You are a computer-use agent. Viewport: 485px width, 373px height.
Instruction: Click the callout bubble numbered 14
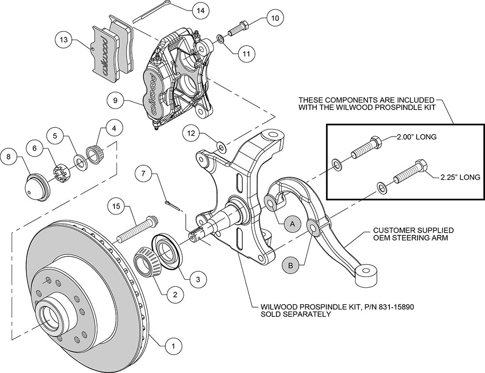click(200, 10)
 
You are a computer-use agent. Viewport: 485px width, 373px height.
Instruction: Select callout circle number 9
click(115, 101)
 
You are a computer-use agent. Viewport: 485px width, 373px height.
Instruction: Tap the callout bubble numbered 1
click(173, 346)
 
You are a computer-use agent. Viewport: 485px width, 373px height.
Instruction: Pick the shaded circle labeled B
click(291, 265)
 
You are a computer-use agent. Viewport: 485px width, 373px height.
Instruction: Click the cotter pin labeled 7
click(172, 206)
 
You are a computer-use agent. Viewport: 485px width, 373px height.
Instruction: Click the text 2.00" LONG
click(417, 136)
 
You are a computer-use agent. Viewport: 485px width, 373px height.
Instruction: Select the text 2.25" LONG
click(461, 177)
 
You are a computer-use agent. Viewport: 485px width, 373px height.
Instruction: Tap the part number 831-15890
click(396, 307)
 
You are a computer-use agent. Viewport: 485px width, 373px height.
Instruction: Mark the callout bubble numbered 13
click(64, 40)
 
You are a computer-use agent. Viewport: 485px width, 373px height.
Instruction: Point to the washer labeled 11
click(221, 39)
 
